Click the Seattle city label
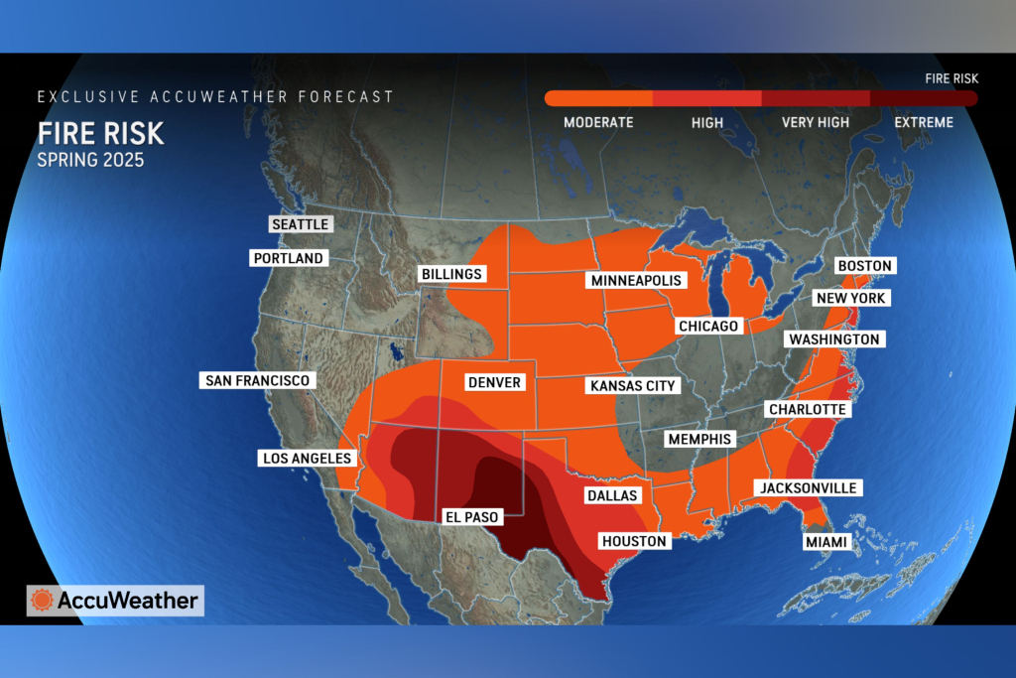300,224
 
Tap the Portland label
288,258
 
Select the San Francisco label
258,380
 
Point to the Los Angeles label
307,459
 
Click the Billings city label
450,274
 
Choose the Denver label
493,382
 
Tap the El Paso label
470,516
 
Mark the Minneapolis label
636,281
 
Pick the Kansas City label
632,385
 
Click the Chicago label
708,326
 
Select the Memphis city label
699,439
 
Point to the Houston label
634,541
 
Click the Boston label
865,266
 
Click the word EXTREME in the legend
923,123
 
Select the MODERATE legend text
598,123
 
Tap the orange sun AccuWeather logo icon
42,601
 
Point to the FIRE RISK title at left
100,133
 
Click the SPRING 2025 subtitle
90,160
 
